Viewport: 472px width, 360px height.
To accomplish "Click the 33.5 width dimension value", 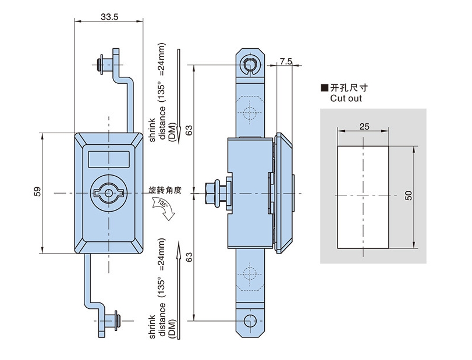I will [x=109, y=17].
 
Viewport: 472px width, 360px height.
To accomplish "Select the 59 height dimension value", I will [x=37, y=191].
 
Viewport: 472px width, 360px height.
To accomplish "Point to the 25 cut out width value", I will [x=364, y=126].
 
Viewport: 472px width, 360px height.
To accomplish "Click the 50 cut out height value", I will [x=409, y=196].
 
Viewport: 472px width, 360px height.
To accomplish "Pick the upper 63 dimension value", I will [x=188, y=131].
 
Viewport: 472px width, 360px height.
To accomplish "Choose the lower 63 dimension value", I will [x=188, y=256].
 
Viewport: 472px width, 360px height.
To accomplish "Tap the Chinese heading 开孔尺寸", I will [x=349, y=88].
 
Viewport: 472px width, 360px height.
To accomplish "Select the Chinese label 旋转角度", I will [x=165, y=190].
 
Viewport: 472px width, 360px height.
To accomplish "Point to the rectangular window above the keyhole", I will [x=108, y=158].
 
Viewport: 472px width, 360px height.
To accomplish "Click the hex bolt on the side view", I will [x=213, y=193].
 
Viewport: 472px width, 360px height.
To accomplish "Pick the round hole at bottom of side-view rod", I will [x=250, y=320].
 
